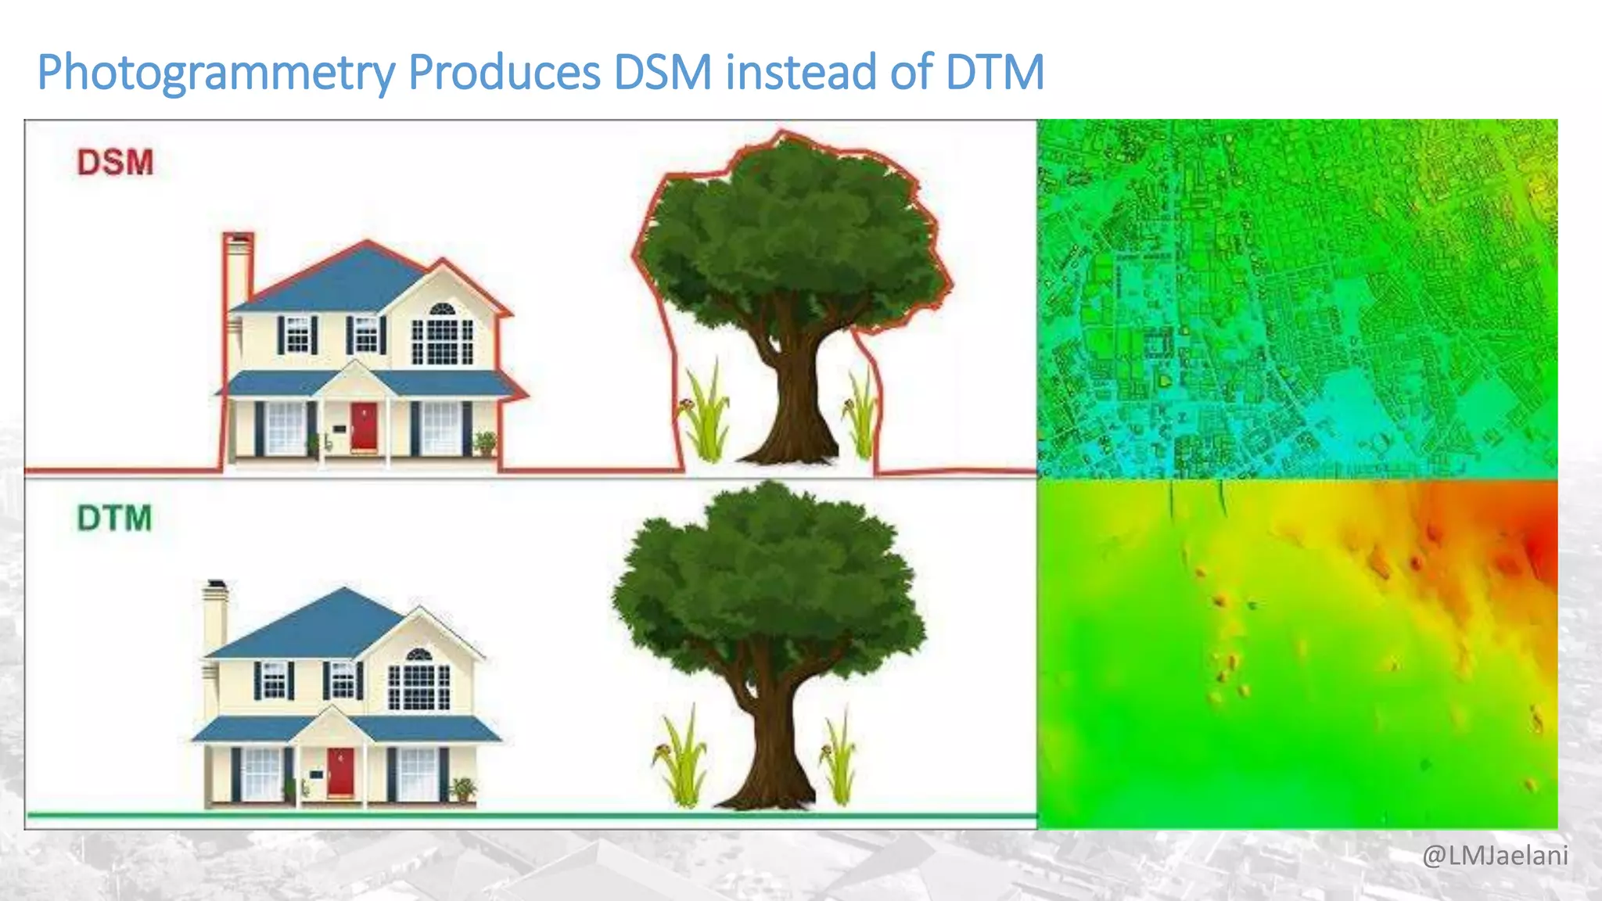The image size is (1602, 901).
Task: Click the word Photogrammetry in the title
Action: (216, 73)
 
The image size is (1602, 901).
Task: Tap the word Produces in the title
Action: (504, 73)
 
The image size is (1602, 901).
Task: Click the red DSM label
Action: (115, 163)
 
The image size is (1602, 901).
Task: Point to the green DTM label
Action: (114, 519)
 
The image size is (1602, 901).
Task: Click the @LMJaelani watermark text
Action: (1495, 856)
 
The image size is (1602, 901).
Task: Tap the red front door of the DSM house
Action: (364, 426)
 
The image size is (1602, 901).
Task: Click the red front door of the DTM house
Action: (340, 772)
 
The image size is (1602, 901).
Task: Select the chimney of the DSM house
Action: (238, 266)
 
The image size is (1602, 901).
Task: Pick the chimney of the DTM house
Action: (216, 614)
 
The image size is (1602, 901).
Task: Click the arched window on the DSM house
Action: (442, 310)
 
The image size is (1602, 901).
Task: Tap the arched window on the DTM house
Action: (419, 655)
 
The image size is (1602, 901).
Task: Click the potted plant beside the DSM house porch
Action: (486, 443)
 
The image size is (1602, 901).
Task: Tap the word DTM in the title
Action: (994, 73)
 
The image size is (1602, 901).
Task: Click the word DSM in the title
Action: (663, 73)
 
